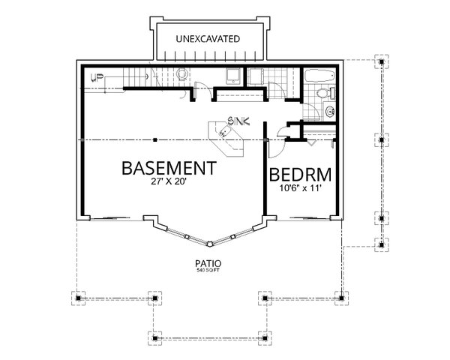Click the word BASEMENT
169,166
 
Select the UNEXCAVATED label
208,37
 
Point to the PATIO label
209,264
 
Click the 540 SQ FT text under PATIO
209,271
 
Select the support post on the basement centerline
154,139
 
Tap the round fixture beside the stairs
181,75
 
